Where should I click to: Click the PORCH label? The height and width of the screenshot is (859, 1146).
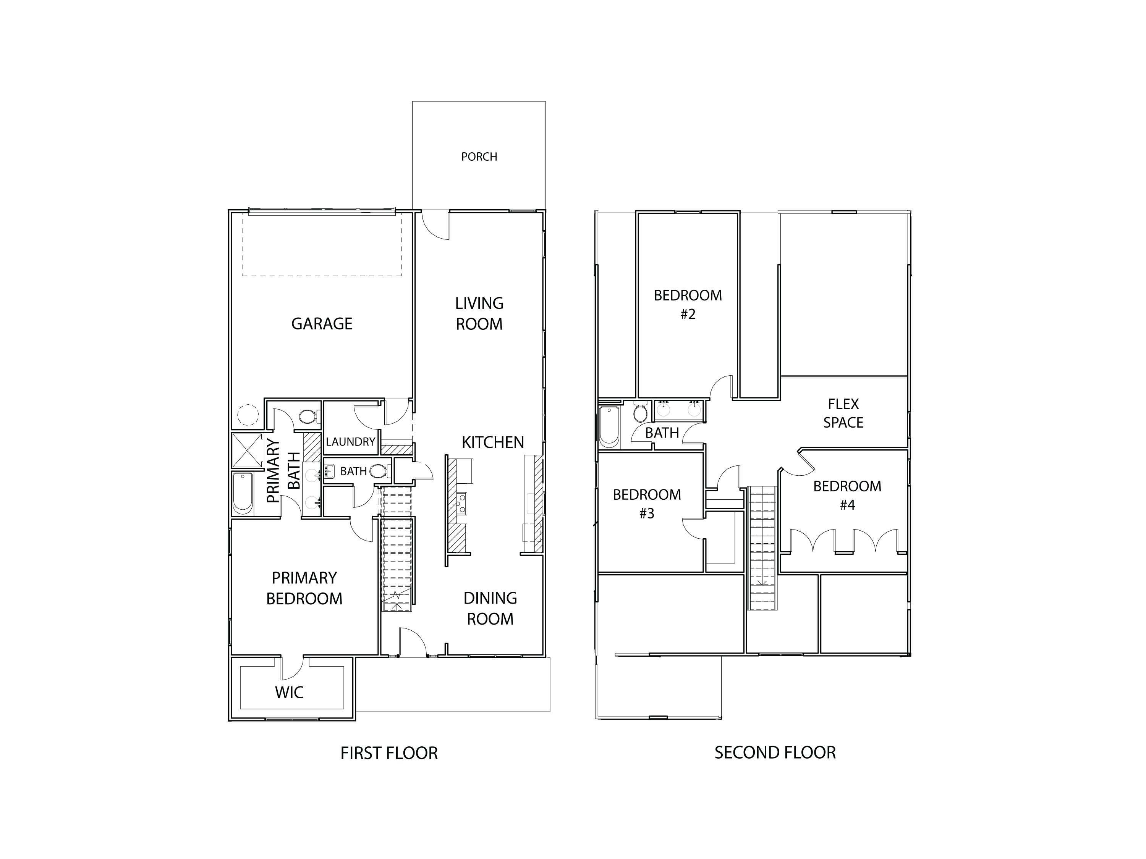[479, 157]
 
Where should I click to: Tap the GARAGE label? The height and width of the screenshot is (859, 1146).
[322, 324]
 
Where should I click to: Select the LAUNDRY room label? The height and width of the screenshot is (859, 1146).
[350, 442]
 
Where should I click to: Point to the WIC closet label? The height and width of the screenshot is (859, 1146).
[289, 692]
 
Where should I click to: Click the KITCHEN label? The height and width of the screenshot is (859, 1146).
[493, 442]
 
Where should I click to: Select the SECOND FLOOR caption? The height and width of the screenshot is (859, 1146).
[775, 752]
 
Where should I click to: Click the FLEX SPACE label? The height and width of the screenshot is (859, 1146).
[843, 413]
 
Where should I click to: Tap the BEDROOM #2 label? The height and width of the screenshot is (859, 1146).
[688, 304]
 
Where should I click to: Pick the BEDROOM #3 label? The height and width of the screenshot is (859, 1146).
[647, 503]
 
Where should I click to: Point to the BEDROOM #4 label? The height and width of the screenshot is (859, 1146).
[847, 495]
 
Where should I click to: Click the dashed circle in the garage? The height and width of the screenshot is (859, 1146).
[248, 415]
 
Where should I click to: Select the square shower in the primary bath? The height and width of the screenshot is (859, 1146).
[248, 450]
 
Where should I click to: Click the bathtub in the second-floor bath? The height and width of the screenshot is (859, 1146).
[609, 426]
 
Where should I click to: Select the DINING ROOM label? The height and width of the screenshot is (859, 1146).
[490, 609]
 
